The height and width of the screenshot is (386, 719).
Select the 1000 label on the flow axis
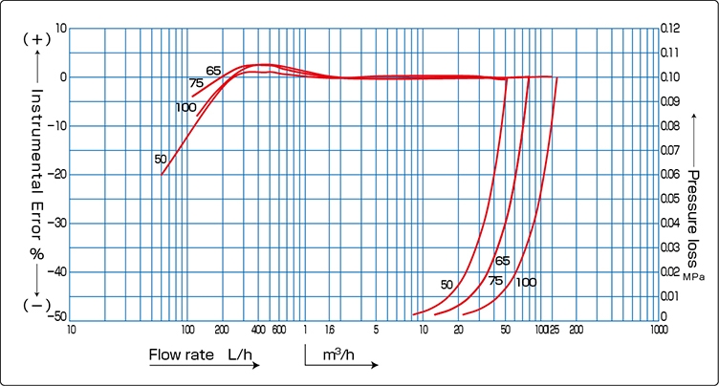(x=658, y=330)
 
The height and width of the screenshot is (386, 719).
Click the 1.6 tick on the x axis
(x=330, y=330)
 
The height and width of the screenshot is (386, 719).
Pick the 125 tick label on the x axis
(x=554, y=330)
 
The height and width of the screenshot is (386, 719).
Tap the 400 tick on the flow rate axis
(x=258, y=330)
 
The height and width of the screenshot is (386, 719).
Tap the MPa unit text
(x=693, y=275)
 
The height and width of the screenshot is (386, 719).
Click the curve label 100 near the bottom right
(x=527, y=283)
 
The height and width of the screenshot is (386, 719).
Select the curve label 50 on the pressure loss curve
(x=447, y=284)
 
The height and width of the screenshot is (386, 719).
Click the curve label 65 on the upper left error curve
(x=212, y=71)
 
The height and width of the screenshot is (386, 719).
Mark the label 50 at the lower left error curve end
(x=161, y=159)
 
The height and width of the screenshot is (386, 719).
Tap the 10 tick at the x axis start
(x=72, y=330)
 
